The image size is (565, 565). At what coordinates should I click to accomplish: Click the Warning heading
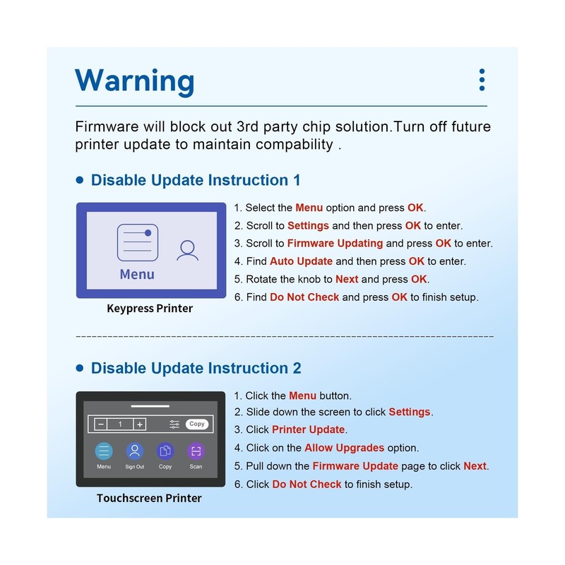click(134, 81)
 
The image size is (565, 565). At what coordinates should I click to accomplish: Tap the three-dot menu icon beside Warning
click(482, 80)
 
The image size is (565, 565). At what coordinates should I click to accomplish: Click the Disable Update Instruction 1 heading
click(196, 180)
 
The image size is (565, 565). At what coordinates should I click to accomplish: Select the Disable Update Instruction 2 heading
click(196, 368)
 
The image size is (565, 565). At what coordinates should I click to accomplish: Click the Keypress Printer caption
click(150, 309)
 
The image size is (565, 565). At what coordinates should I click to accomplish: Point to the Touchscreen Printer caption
click(149, 498)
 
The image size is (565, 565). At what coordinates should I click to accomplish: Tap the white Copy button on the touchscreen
click(197, 424)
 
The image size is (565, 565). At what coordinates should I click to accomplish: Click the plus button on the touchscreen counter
click(139, 424)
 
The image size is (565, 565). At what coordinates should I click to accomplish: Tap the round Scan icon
click(196, 451)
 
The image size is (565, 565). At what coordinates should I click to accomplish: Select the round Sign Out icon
click(135, 451)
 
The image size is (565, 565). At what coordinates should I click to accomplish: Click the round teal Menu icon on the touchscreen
click(104, 451)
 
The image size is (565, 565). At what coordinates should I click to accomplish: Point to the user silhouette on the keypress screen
click(187, 250)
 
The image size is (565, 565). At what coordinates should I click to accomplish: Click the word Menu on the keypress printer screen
click(137, 275)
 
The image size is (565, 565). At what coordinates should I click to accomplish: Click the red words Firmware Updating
click(335, 244)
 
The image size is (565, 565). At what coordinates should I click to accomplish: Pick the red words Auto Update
click(301, 261)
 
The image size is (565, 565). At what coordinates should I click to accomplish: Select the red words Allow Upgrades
click(344, 448)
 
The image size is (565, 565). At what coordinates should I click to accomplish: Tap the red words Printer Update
click(308, 429)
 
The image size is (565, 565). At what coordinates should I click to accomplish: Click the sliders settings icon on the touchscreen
click(174, 424)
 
